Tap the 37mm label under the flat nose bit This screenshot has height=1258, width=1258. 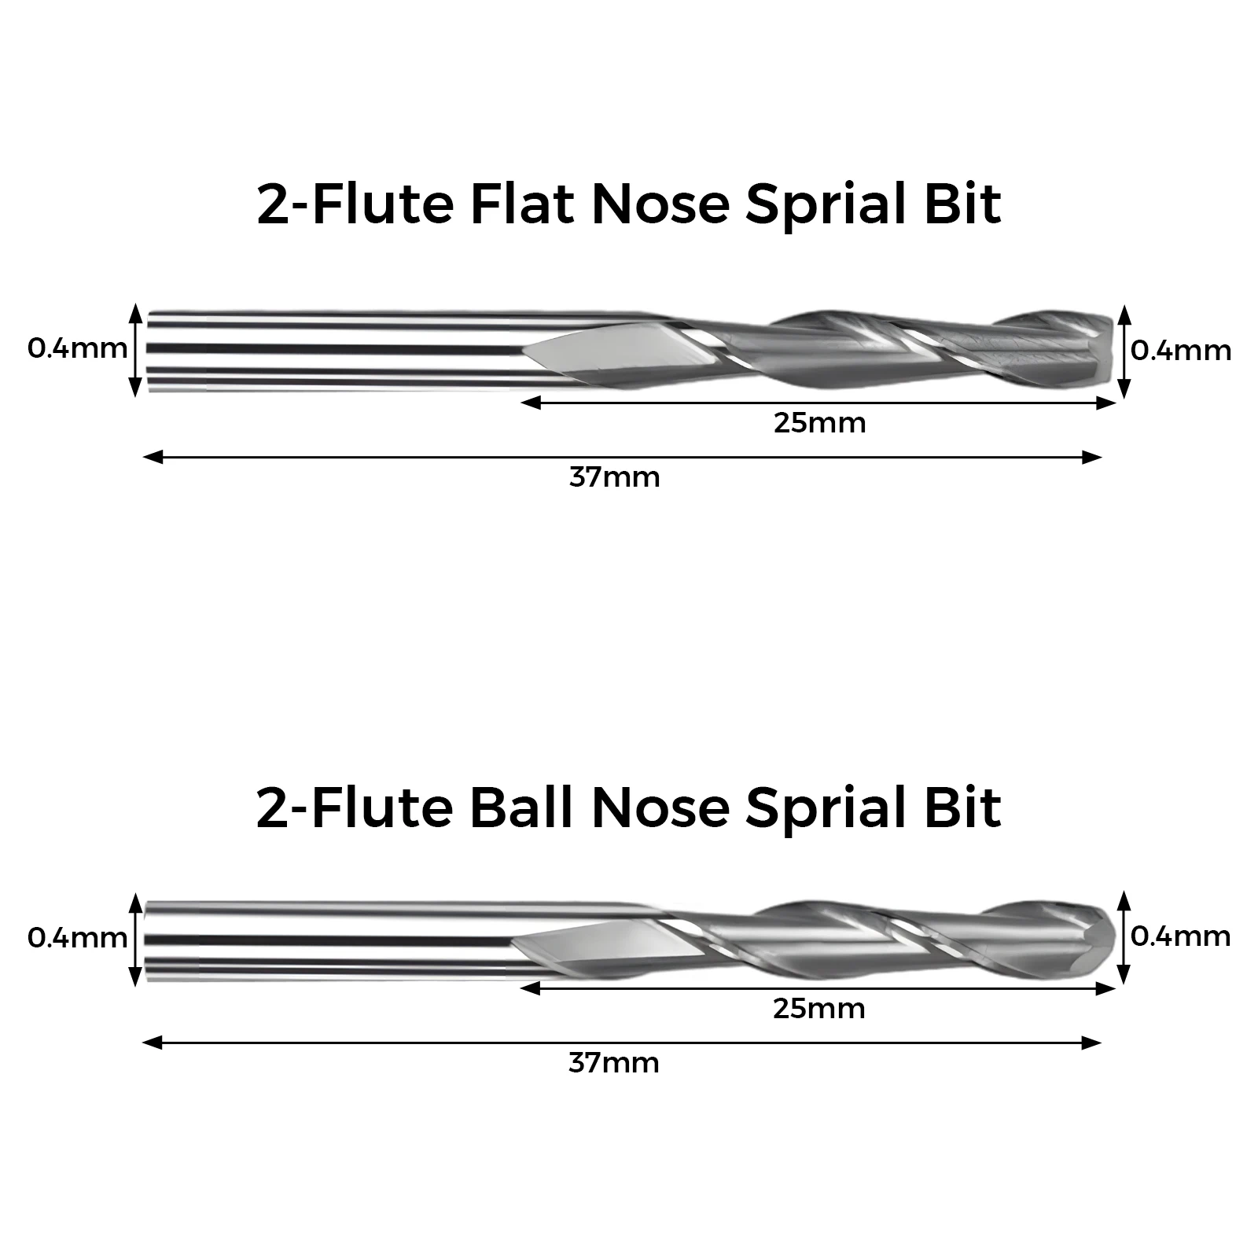pos(615,477)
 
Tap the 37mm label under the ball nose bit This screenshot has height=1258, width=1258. pos(614,1063)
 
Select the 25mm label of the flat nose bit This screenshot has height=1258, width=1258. pos(819,423)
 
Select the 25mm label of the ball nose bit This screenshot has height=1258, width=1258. pos(819,1009)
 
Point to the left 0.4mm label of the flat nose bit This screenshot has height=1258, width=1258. pos(77,348)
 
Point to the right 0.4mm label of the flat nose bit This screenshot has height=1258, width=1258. pos(1181,351)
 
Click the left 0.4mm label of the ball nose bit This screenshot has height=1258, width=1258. pos(77,938)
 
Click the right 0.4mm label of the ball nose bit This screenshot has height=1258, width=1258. pos(1181,936)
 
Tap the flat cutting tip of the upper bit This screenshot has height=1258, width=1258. pos(1108,351)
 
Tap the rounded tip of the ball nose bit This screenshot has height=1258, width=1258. pos(1107,938)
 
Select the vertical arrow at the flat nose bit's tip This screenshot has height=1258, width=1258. pos(1124,351)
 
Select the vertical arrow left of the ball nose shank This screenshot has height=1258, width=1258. pos(137,939)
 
